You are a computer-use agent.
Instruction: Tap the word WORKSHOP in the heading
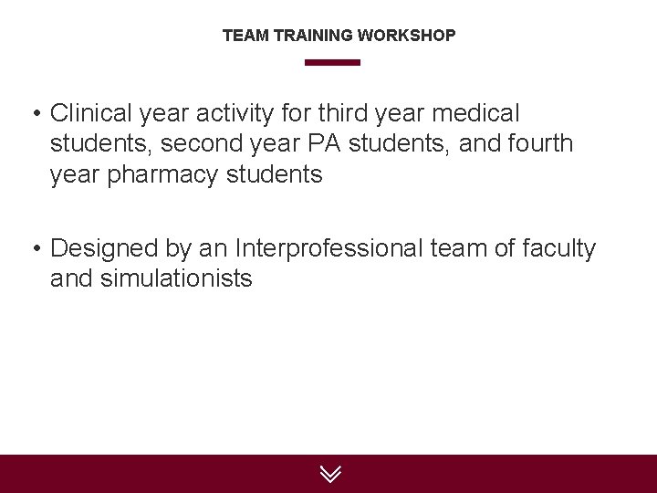tap(406, 36)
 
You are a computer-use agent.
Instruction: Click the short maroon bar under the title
tap(332, 63)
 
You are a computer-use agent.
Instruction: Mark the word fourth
tap(538, 143)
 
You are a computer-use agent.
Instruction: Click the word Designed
tap(105, 247)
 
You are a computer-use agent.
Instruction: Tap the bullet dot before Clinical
tap(36, 115)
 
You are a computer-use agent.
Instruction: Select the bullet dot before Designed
tap(36, 249)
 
